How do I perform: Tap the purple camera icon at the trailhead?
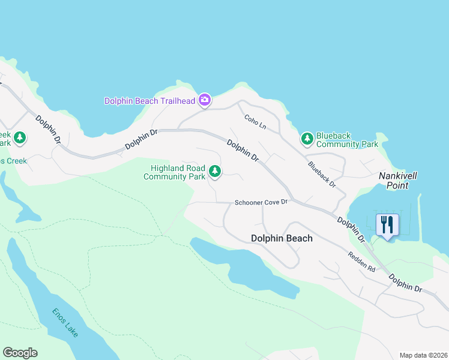tap(205, 100)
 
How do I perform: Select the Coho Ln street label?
tap(255, 122)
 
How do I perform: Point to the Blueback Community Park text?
tap(347, 140)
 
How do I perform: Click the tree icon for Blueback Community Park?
tap(307, 139)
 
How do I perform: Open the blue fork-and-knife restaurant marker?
tap(387, 226)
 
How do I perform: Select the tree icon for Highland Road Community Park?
tap(214, 172)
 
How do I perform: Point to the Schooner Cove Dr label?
tap(261, 202)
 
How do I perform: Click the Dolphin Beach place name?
tap(282, 238)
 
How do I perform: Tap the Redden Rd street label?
tap(361, 262)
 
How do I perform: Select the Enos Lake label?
tap(64, 323)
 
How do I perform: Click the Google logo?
tap(20, 353)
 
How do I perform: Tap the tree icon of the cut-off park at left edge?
tap(20, 139)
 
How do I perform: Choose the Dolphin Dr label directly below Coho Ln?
tap(243, 150)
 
